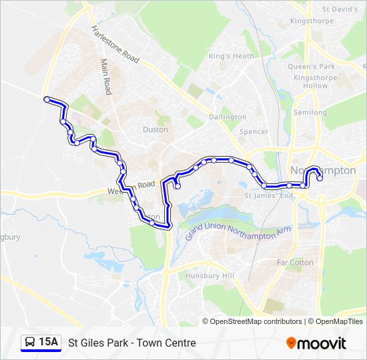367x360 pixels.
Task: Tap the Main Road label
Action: (x=105, y=75)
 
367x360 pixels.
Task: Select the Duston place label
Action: (x=155, y=129)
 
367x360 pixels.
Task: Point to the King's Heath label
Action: (x=232, y=57)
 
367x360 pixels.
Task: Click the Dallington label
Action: (x=228, y=117)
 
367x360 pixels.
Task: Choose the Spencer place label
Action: (x=254, y=132)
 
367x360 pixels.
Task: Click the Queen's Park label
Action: (x=311, y=67)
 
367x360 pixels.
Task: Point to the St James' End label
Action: (x=269, y=196)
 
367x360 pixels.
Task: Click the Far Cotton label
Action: (x=295, y=263)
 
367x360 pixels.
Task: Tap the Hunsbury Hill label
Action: (x=210, y=276)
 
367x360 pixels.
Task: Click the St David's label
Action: (x=340, y=10)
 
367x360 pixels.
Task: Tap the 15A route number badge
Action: (x=48, y=343)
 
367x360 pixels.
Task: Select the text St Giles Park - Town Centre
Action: (x=132, y=343)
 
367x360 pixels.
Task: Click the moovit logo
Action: (x=316, y=343)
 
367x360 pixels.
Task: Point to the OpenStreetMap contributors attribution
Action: (x=256, y=321)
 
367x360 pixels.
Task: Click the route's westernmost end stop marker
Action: (x=47, y=99)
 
